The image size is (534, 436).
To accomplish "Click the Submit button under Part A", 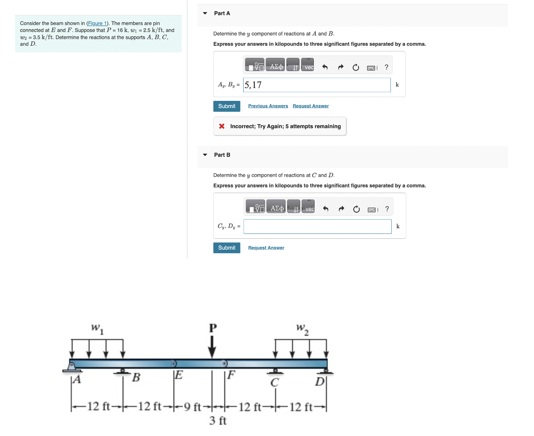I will coord(227,106).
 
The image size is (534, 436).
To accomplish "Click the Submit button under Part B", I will coord(227,248).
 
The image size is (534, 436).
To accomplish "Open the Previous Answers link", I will coord(268,106).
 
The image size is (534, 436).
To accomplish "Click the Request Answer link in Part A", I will coord(310,106).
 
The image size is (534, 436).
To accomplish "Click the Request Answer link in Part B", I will coord(266,248).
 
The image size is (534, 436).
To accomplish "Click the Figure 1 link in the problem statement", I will coord(97,23).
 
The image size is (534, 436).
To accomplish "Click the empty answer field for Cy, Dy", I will coord(317,227).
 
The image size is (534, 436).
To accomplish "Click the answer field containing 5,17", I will coord(316,85).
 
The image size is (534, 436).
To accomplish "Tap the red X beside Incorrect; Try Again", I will coord(222,126).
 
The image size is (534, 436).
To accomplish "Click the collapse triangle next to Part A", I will coord(205,13).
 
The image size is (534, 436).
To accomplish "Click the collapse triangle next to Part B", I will coord(205,155).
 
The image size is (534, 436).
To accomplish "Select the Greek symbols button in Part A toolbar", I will coord(276,67).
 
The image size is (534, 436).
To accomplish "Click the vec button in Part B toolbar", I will coord(309,209).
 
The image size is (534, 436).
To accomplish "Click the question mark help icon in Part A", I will coord(386,67).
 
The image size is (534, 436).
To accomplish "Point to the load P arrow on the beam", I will coord(212,346).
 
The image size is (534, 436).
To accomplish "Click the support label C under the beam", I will coord(274,383).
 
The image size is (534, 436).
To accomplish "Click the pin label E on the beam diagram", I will coord(179,375).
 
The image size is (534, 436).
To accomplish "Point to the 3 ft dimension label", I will coord(218,421).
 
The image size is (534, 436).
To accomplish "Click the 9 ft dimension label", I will coord(192,407).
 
